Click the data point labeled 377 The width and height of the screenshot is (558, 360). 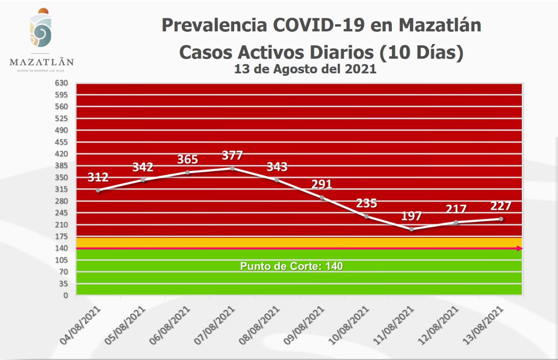[x=232, y=168]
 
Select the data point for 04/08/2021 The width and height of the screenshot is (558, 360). [x=98, y=190]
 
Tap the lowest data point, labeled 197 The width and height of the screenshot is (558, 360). [x=411, y=229]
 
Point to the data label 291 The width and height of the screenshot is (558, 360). [x=322, y=184]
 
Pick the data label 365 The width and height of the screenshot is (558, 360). [x=187, y=159]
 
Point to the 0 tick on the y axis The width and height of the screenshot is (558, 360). [x=65, y=295]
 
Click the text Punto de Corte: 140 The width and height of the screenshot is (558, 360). [x=292, y=266]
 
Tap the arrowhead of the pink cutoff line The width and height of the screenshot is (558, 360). [x=520, y=248]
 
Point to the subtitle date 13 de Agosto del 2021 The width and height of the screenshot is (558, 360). [x=305, y=69]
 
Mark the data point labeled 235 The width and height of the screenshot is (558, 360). [x=366, y=216]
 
